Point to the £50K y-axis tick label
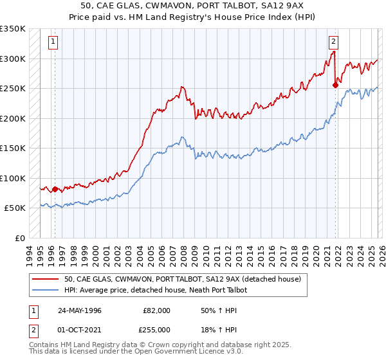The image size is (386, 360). pos(14,208)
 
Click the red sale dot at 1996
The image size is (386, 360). pos(55,189)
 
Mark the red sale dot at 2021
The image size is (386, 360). pos(335,85)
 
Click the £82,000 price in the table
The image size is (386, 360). pos(156,310)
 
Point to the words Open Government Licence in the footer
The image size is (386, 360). pos(189,353)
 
